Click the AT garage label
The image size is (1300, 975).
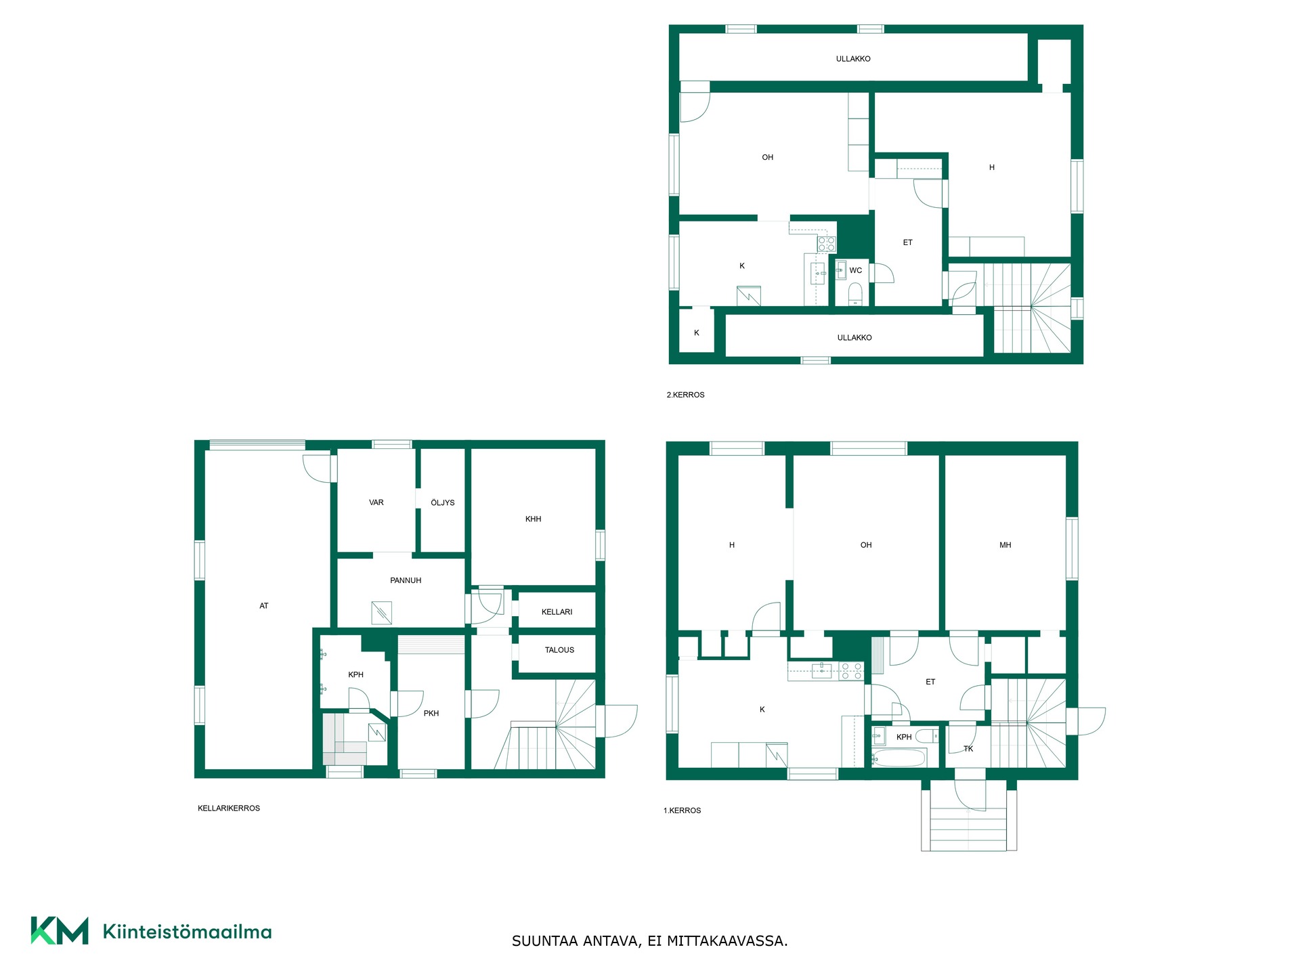264,606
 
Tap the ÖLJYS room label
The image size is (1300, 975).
443,502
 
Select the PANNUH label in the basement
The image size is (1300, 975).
406,580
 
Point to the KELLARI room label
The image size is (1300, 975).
557,612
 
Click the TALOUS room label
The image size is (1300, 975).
559,650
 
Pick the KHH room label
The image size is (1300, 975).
533,519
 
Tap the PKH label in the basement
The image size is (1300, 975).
431,713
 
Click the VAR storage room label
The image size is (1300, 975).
376,502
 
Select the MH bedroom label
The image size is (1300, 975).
1005,545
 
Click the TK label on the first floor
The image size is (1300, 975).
968,749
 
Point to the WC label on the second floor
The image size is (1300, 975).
856,270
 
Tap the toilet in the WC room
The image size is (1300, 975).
855,293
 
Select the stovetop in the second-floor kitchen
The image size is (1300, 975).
827,244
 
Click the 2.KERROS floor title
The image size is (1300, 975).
685,395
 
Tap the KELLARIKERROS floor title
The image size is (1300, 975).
229,808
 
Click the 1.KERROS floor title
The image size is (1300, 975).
682,810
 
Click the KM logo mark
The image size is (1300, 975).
60,930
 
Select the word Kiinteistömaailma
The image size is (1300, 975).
187,932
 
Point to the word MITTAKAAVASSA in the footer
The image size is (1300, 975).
727,941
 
